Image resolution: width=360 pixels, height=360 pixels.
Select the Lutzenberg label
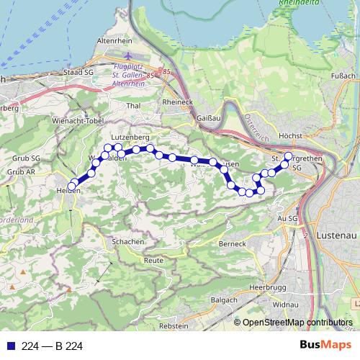click(130, 136)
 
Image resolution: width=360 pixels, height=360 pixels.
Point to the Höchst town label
click(289, 135)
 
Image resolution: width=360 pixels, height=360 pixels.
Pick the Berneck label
click(233, 244)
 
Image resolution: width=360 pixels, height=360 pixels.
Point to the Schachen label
click(128, 242)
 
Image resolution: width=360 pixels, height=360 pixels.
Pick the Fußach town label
click(343, 75)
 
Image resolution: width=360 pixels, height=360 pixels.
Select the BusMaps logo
click(325, 346)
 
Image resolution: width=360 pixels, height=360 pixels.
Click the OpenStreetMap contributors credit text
click(297, 323)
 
